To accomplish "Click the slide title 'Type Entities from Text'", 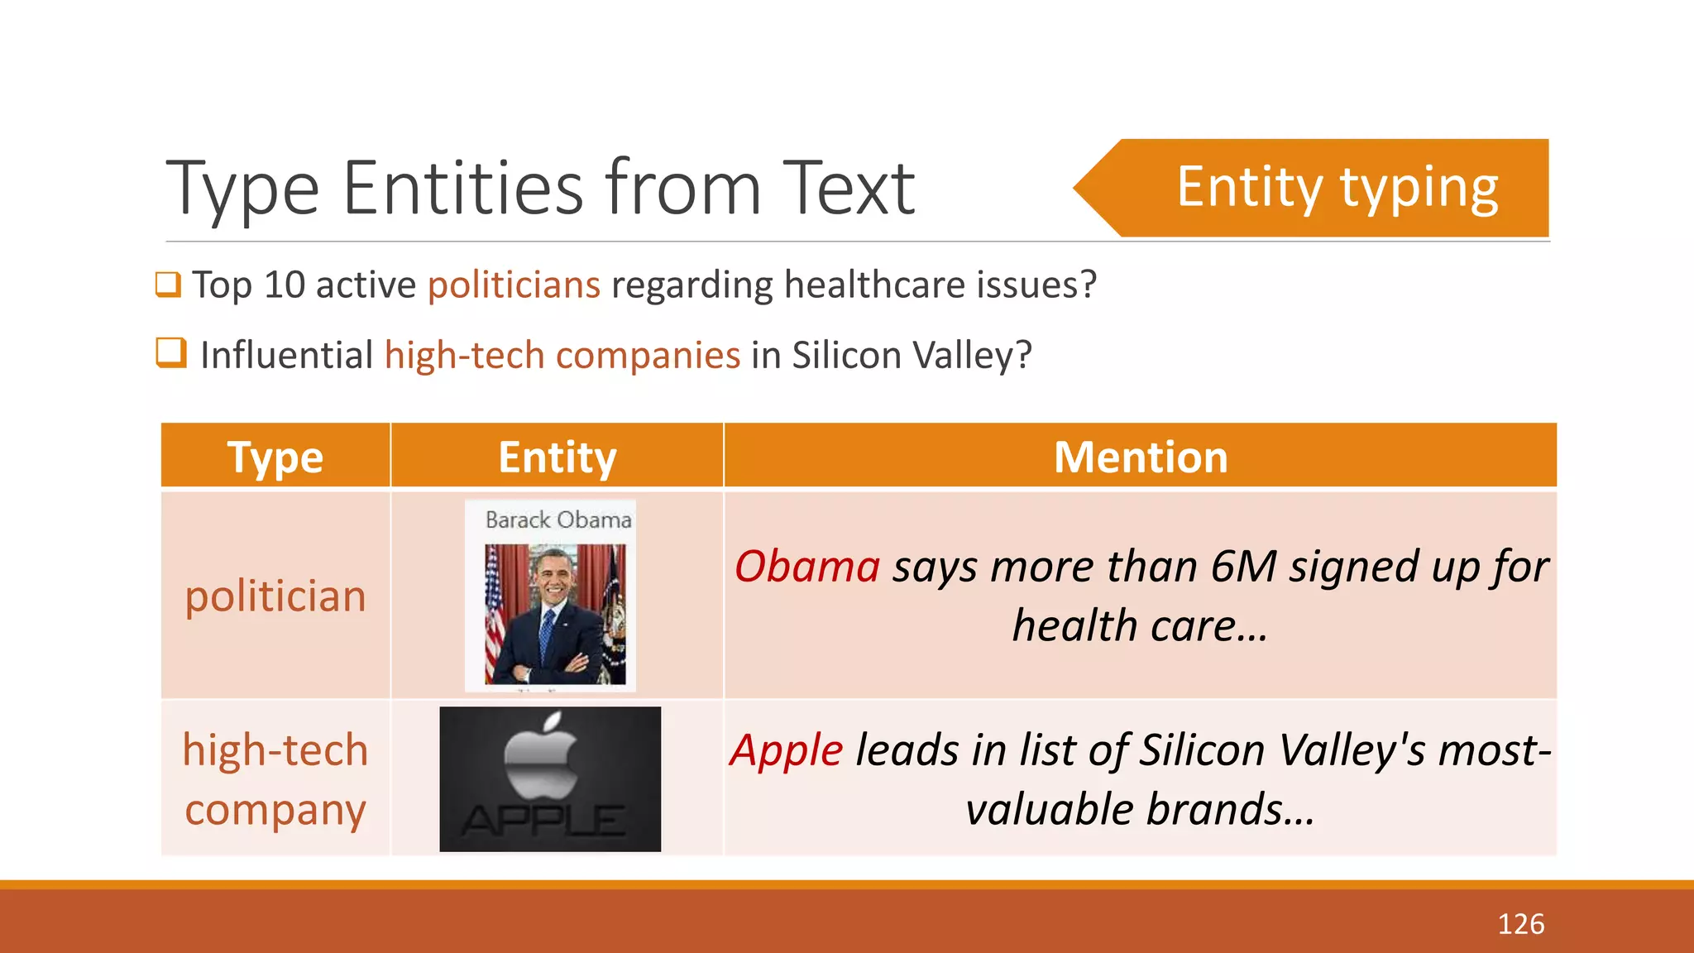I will [x=540, y=189].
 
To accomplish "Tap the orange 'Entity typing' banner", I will [x=1336, y=188].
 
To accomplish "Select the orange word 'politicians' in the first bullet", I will [x=514, y=285].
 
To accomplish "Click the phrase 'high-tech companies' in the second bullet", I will [x=562, y=356].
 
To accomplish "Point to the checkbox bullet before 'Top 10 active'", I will [x=168, y=285].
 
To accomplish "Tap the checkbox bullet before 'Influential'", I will [x=171, y=352].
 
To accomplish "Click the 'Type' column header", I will [x=275, y=457].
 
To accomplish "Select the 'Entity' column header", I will [x=557, y=457].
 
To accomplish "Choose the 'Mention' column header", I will [x=1141, y=457].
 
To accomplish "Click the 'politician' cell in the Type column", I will [x=275, y=596].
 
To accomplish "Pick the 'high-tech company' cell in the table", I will [x=275, y=779].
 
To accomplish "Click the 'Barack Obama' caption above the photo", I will [x=558, y=520].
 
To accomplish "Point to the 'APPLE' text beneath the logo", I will [x=543, y=821].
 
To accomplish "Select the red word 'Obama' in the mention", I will [x=807, y=567].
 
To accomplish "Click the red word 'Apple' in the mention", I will [x=787, y=751].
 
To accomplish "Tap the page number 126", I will [x=1520, y=924].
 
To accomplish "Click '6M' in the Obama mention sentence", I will [x=1244, y=567].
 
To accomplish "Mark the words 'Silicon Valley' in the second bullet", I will [x=902, y=356].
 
